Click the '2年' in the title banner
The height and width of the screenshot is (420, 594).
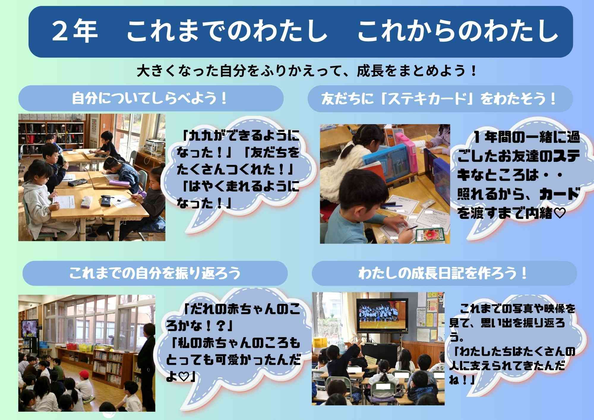point(75,31)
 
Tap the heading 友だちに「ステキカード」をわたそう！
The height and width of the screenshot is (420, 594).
point(440,99)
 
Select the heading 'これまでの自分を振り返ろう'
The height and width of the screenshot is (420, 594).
point(155,273)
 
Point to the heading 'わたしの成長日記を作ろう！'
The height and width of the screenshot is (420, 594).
point(444,273)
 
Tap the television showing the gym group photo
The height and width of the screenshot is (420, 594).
point(381,315)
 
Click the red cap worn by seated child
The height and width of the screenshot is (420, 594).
point(84,373)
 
